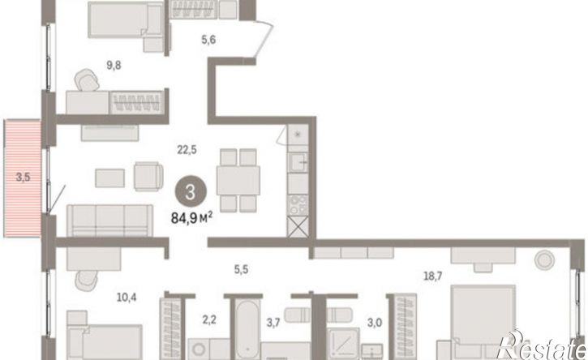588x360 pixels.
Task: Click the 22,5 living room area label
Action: point(187,150)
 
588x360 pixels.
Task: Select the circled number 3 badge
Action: point(191,192)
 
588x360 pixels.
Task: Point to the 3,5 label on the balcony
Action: point(23,177)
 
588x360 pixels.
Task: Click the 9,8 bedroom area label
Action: point(114,65)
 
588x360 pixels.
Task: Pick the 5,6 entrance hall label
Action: point(208,40)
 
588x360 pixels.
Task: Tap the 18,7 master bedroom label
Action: point(433,276)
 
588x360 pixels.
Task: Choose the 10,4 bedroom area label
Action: point(127,298)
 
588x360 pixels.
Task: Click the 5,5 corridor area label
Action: point(241,269)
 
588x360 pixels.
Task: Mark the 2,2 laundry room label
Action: point(209,320)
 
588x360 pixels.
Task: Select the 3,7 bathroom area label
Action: point(273,323)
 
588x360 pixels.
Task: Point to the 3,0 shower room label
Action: point(374,323)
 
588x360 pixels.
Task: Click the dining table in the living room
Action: point(238,180)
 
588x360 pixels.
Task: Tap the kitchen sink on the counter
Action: point(298,162)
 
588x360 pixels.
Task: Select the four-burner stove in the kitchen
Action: point(298,205)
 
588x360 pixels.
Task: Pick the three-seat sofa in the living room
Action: point(109,221)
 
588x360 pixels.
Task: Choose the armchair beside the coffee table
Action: point(148,177)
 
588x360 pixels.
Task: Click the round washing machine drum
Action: point(199,349)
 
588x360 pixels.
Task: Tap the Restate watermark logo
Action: point(541,345)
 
